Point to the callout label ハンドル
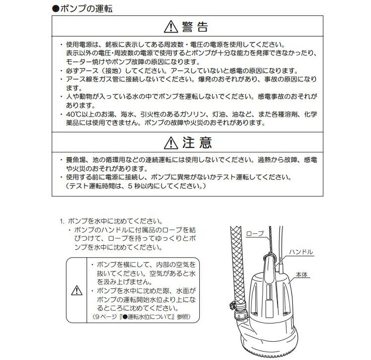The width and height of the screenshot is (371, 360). [301, 252]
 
